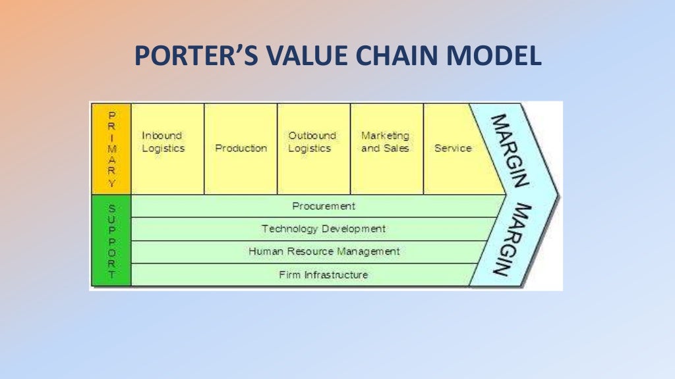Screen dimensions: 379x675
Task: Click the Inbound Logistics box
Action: pos(167,148)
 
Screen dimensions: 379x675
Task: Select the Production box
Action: pos(241,148)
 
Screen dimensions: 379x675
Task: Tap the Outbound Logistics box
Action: pos(313,148)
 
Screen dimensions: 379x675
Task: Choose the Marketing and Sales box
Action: pos(386,148)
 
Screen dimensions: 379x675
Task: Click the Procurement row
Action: pos(323,206)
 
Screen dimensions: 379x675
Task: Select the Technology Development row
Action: pos(323,229)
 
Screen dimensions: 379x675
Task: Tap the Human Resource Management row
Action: pos(323,251)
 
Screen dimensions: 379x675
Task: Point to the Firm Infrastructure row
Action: pos(323,274)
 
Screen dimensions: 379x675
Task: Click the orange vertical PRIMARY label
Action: pos(111,148)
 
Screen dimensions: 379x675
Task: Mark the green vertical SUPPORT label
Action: pos(111,240)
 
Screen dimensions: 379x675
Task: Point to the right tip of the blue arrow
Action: pos(557,195)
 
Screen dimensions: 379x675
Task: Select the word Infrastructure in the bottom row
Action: pos(336,274)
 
